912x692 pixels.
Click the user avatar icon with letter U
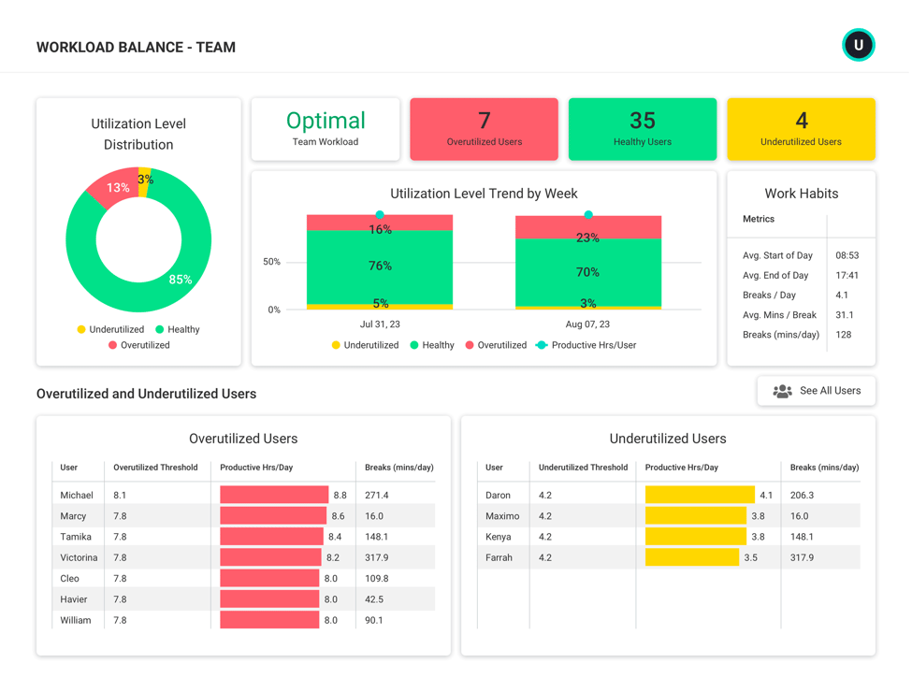[858, 45]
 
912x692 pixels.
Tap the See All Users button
[816, 391]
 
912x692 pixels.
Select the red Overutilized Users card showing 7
[484, 129]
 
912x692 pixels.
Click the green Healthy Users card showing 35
[642, 129]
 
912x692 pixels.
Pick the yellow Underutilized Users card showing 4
[801, 129]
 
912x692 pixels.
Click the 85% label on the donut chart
[181, 280]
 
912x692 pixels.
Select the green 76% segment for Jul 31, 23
[380, 267]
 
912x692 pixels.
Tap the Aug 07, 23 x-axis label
[587, 324]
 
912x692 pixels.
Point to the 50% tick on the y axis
[271, 262]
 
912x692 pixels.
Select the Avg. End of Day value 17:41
[847, 275]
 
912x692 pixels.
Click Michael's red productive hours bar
[274, 495]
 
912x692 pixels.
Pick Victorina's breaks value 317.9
[377, 557]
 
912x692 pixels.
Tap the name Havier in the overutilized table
[74, 599]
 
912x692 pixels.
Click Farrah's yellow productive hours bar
[691, 557]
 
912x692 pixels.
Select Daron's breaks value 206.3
[802, 495]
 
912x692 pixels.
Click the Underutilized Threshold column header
[583, 468]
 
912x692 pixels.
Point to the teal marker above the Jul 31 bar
[380, 215]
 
